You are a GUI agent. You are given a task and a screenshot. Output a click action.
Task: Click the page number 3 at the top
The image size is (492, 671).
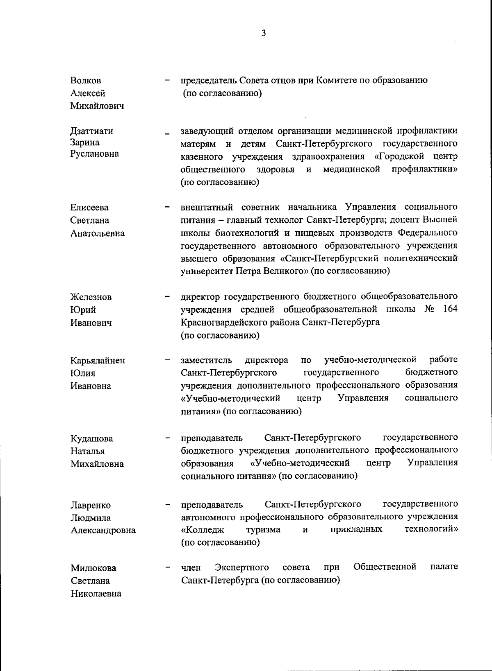264,33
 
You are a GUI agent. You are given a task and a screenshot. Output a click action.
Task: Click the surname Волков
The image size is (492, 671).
86,80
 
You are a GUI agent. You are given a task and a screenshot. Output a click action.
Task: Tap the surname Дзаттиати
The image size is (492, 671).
92,131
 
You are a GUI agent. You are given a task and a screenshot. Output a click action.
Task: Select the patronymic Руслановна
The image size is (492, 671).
95,154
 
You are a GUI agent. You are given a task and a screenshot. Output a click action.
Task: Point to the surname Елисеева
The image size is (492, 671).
89,208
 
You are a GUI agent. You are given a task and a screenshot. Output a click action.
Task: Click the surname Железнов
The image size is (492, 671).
91,297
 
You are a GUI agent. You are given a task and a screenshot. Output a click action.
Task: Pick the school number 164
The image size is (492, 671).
450,309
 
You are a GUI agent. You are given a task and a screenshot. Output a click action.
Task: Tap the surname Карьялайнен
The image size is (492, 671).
98,361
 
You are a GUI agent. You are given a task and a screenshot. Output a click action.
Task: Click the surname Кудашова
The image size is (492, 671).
92,438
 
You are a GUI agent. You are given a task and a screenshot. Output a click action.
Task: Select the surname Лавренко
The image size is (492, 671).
91,505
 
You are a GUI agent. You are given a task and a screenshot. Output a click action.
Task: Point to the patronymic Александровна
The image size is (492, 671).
103,530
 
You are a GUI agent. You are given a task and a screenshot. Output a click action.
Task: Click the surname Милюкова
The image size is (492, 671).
93,568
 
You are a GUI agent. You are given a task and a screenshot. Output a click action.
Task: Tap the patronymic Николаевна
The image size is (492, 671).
96,593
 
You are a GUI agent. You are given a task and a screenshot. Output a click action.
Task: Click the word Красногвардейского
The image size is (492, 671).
220,322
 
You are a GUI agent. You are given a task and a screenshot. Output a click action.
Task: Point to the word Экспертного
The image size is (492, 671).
242,567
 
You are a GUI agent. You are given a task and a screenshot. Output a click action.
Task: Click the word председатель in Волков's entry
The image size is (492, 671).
208,80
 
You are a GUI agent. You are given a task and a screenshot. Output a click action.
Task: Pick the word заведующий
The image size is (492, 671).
207,131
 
